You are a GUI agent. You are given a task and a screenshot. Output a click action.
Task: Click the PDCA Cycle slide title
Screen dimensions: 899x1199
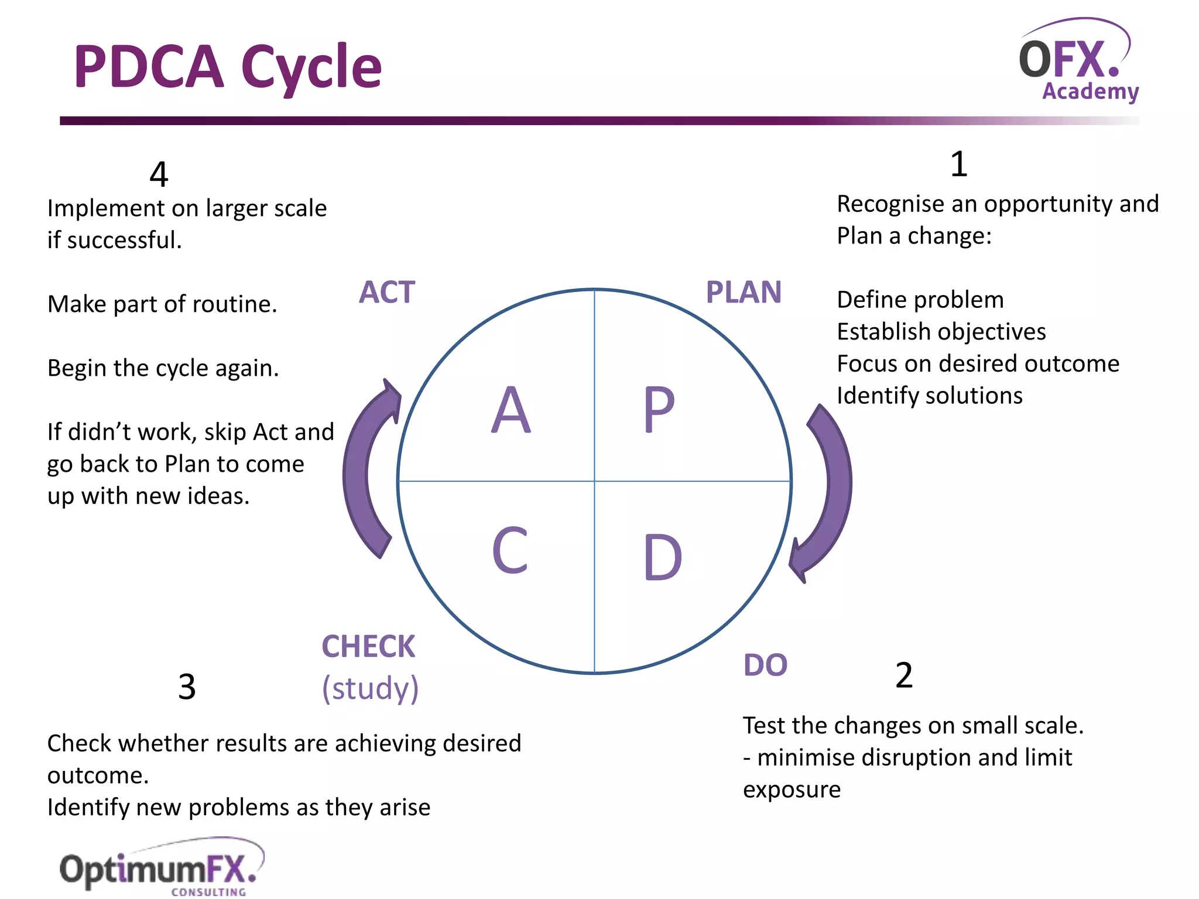[228, 67]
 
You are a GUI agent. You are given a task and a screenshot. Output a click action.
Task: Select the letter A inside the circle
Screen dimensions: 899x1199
[511, 410]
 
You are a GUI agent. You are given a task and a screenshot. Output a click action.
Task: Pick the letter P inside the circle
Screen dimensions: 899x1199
[659, 410]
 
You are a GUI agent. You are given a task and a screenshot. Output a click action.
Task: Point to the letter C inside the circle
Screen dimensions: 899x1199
[510, 550]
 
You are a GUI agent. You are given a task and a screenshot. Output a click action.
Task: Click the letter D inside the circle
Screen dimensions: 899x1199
[662, 557]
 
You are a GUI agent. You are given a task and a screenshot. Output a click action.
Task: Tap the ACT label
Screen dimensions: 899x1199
[387, 292]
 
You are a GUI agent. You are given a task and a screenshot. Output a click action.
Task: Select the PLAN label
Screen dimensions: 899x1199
[744, 292]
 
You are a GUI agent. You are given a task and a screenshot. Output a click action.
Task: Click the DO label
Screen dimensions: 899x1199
[765, 665]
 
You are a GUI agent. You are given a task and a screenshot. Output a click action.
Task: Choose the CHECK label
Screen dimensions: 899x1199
[368, 647]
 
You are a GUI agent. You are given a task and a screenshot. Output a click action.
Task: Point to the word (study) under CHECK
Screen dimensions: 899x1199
[370, 688]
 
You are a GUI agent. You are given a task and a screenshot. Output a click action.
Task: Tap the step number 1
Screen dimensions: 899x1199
[958, 164]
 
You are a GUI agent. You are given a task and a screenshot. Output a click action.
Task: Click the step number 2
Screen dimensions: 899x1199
[904, 675]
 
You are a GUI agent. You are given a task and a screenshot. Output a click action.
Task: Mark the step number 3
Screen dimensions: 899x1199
[187, 687]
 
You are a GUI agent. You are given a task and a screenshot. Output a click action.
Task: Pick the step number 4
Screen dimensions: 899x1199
[159, 174]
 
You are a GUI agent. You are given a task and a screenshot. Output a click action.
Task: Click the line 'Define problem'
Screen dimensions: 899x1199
[920, 300]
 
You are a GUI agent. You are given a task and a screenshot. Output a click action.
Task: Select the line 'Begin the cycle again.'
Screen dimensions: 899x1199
[163, 368]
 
